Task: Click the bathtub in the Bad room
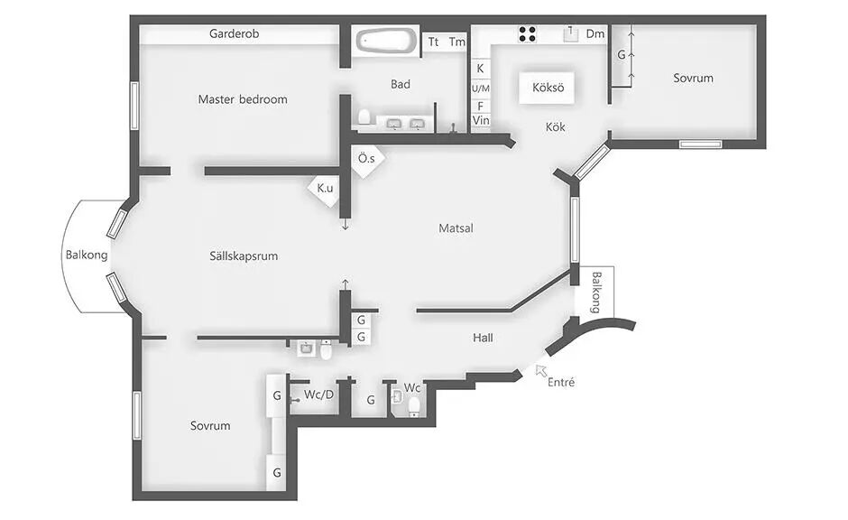point(386,41)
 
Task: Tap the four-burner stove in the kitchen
point(528,34)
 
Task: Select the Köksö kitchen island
point(548,87)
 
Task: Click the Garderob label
point(235,33)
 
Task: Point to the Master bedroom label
point(243,99)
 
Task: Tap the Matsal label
point(456,228)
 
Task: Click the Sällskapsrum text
point(244,256)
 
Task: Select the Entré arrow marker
point(540,370)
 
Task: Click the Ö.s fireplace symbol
point(368,160)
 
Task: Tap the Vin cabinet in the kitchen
point(481,121)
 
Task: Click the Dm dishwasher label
point(595,34)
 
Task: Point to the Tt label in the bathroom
point(433,42)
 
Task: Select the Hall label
point(483,339)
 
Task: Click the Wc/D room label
point(318,395)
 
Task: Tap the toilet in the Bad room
point(364,117)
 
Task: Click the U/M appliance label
point(480,88)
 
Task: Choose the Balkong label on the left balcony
point(87,255)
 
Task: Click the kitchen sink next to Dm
point(570,34)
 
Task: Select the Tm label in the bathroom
point(457,42)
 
